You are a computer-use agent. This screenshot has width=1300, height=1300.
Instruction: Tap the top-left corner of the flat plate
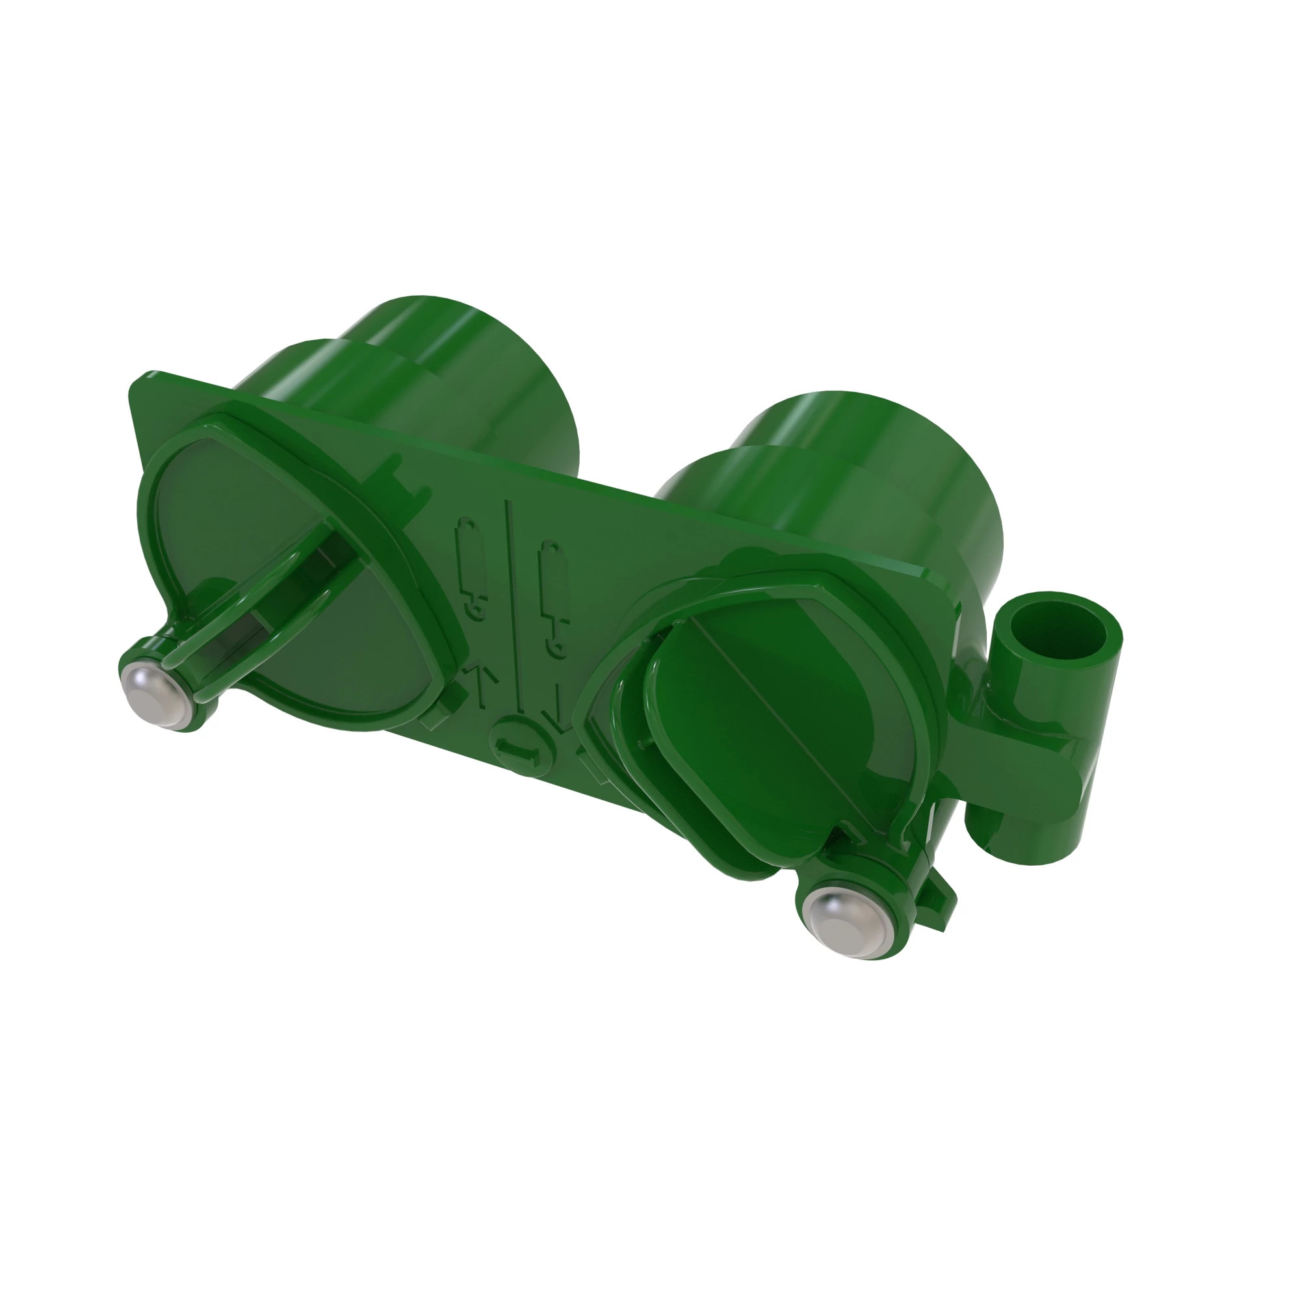click(x=145, y=381)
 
